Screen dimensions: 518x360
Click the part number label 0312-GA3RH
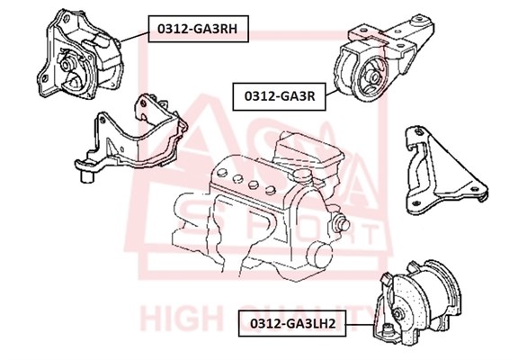point(198,29)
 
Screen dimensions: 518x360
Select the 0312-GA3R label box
point(280,96)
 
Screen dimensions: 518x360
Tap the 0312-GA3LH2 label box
point(292,323)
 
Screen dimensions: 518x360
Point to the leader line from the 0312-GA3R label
point(332,93)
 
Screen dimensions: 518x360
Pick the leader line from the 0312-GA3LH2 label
point(360,324)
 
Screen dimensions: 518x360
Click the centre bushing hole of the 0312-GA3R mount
point(375,76)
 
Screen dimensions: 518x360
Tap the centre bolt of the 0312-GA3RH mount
point(66,64)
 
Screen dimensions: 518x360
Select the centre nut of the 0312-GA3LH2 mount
point(397,314)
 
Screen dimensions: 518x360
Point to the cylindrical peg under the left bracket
point(87,176)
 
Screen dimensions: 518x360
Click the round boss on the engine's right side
point(341,223)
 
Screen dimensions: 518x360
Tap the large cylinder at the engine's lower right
point(319,255)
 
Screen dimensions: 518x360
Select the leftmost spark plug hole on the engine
point(221,173)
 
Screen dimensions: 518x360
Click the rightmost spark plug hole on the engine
point(271,190)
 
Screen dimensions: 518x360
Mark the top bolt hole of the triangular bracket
point(419,132)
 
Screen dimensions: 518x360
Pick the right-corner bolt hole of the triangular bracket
point(475,189)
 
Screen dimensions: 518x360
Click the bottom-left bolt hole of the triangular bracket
point(417,203)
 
